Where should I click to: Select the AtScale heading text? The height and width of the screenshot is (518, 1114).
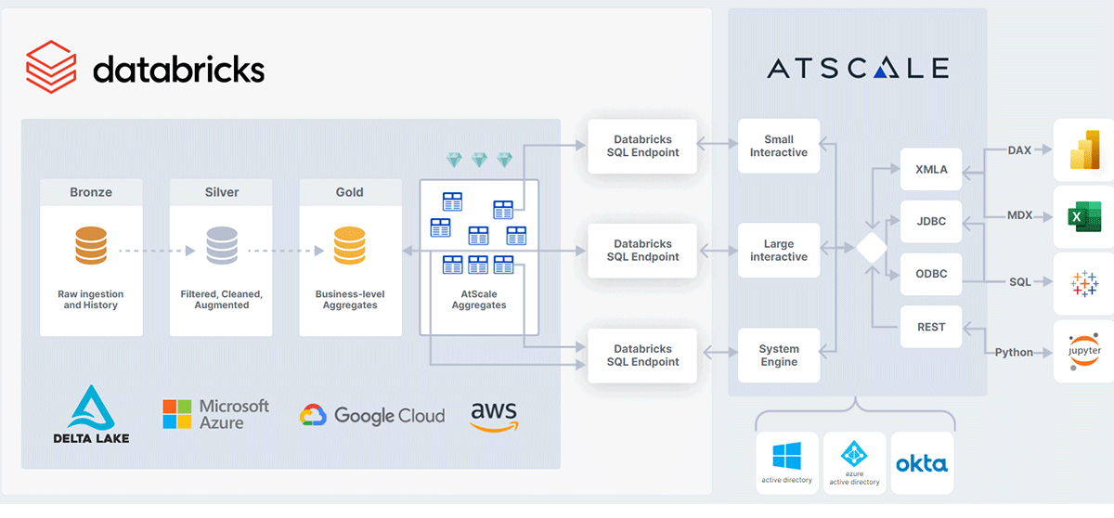tap(858, 68)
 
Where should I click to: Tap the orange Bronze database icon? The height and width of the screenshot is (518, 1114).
tap(91, 246)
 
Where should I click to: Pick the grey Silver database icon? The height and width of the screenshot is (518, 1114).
tap(221, 246)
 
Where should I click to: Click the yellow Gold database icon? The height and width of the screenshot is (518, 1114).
tap(349, 246)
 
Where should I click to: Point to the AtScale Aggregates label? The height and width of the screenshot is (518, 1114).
tap(479, 299)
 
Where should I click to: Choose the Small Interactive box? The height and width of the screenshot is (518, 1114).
tap(779, 146)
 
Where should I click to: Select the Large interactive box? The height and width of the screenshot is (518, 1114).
tap(779, 251)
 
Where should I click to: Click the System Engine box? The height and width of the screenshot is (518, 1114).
tap(779, 356)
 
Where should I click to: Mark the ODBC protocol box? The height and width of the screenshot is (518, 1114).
tap(931, 274)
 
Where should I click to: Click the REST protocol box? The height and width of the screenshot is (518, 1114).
tap(931, 327)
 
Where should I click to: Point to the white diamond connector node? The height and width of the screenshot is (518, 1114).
tap(872, 249)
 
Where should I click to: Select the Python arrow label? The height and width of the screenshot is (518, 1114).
tap(1014, 353)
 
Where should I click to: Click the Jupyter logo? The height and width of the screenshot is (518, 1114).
tap(1083, 352)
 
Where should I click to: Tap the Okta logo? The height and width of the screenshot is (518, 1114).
tap(922, 463)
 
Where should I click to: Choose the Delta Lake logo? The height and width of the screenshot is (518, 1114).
tap(91, 414)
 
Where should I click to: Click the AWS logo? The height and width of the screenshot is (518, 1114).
tap(494, 415)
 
